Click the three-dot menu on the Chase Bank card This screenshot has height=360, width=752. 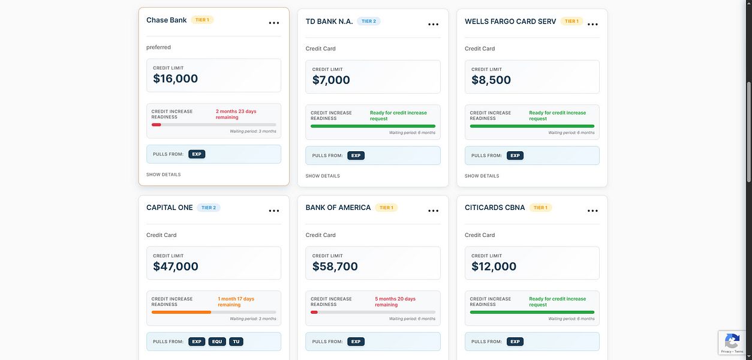click(x=273, y=23)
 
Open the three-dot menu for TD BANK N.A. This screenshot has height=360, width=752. click(x=433, y=25)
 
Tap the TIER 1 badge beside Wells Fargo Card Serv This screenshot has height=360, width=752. click(x=571, y=21)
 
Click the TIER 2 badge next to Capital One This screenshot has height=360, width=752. click(x=209, y=208)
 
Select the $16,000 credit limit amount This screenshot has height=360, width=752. click(x=175, y=79)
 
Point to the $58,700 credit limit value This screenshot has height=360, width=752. click(x=335, y=266)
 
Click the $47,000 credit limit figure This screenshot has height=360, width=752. click(x=175, y=266)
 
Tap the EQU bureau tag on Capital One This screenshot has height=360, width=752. click(x=216, y=341)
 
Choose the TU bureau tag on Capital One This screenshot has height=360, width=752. click(x=236, y=341)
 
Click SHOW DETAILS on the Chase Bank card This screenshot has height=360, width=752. click(x=163, y=175)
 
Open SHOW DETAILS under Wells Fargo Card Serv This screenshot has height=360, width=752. click(x=482, y=176)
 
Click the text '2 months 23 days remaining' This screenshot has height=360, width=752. click(x=236, y=114)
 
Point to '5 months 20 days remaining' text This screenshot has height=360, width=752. click(x=395, y=302)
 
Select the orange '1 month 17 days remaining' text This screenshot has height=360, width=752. click(x=236, y=302)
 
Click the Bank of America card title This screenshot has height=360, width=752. click(x=338, y=208)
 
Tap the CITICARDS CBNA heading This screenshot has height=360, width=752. click(x=495, y=208)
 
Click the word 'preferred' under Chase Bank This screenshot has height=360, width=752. click(x=158, y=47)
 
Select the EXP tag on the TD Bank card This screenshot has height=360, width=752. click(x=356, y=155)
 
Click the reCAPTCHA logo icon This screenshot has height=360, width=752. click(x=732, y=341)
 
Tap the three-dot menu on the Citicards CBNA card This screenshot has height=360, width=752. click(x=592, y=211)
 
